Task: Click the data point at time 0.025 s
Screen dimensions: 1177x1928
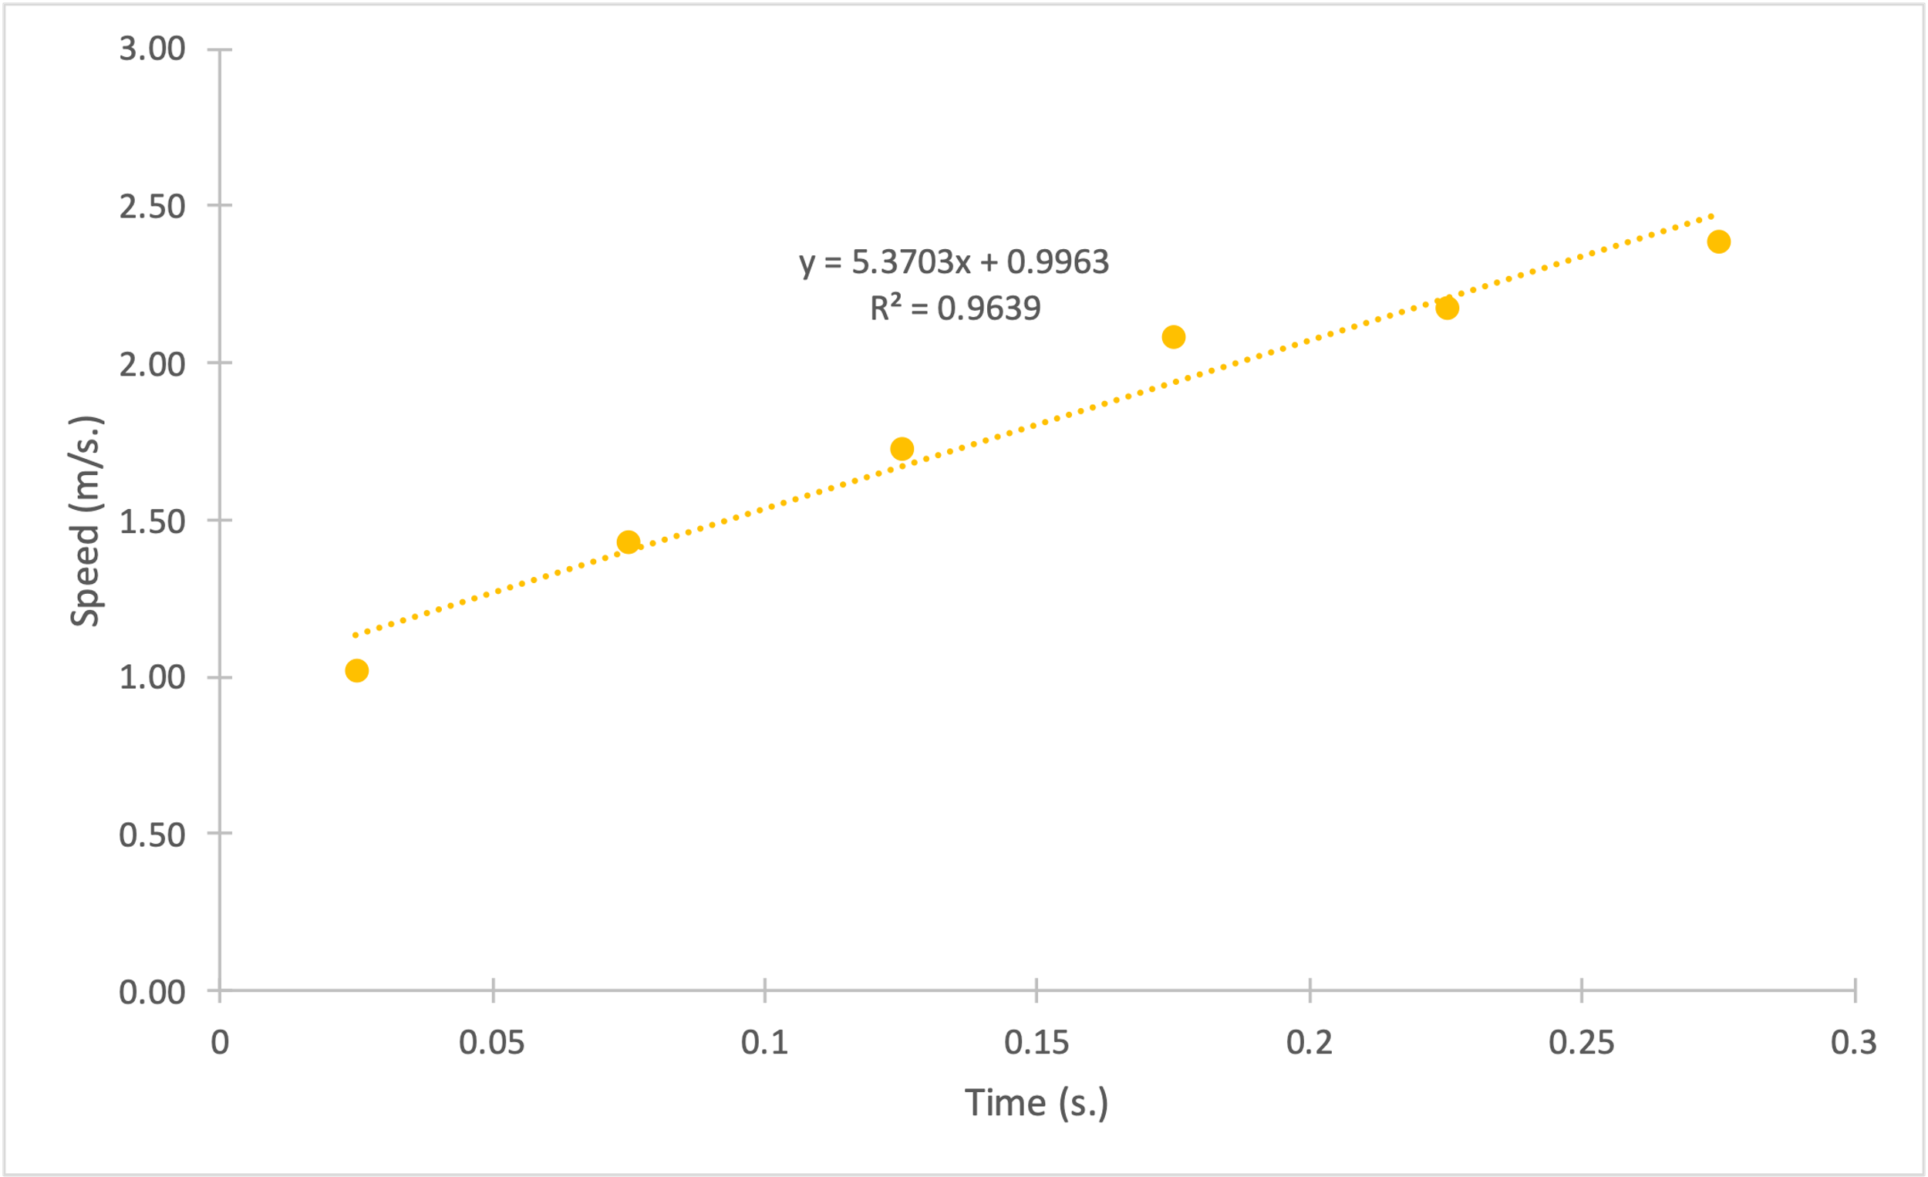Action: click(x=357, y=671)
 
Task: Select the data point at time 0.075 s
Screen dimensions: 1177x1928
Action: click(x=629, y=542)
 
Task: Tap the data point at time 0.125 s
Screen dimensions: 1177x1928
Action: click(x=902, y=449)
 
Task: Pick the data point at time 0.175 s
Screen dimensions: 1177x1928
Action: click(x=1174, y=337)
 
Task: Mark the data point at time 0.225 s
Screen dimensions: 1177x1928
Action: click(x=1448, y=309)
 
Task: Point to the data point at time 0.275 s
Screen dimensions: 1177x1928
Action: click(x=1719, y=242)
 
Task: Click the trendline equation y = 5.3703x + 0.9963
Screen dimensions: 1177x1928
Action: click(x=954, y=262)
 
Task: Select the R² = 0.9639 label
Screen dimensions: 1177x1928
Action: click(x=956, y=309)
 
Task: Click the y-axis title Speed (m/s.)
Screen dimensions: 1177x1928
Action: click(x=86, y=521)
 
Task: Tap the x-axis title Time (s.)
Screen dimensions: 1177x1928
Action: click(x=1036, y=1104)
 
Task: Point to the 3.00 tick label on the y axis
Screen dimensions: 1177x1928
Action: click(x=152, y=49)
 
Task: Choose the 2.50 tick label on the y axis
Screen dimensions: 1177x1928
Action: click(x=152, y=207)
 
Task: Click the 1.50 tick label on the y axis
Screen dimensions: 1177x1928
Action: click(x=152, y=521)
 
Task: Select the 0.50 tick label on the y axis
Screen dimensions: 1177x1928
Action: click(x=152, y=835)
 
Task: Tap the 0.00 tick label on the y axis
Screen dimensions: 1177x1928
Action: click(x=152, y=993)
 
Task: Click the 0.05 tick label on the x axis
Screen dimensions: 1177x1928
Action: click(x=491, y=1043)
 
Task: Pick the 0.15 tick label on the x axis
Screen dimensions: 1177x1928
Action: click(x=1036, y=1043)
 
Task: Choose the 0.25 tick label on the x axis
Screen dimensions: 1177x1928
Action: click(x=1582, y=1043)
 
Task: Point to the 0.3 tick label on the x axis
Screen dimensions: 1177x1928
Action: click(x=1854, y=1043)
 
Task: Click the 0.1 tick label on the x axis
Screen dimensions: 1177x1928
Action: click(x=764, y=1043)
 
